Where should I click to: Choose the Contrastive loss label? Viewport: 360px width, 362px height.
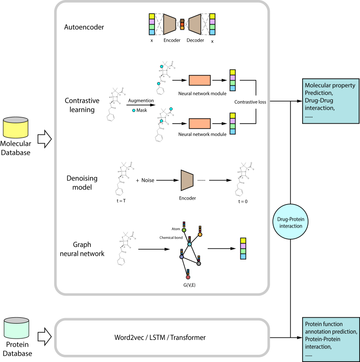coord(250,102)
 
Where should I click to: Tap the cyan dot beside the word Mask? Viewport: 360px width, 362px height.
coord(134,110)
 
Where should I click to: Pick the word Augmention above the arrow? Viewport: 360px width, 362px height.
coord(141,102)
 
